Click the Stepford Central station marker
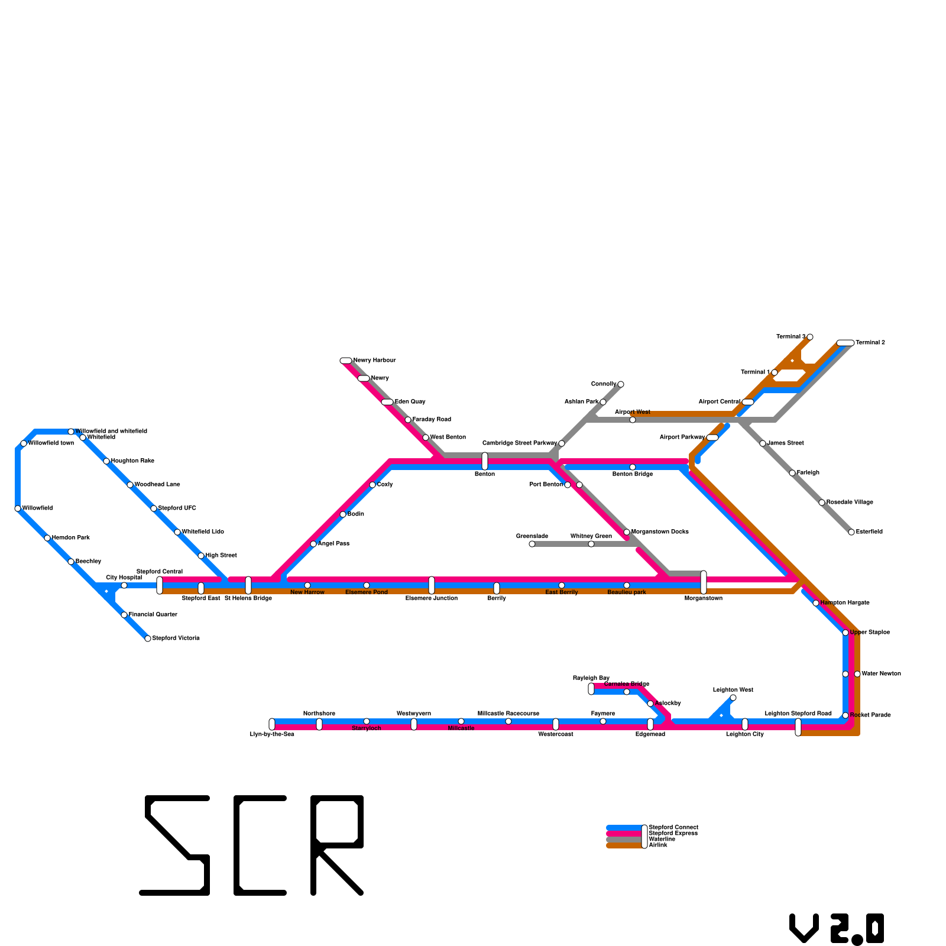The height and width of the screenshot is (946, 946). tap(160, 585)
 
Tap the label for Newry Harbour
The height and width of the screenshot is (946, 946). tap(374, 360)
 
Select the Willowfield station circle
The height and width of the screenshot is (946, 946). tap(18, 508)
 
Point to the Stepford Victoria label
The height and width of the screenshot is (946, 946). tap(176, 639)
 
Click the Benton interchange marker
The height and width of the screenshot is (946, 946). tap(485, 461)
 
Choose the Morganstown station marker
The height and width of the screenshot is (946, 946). tap(704, 582)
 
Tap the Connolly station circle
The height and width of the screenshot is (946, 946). tap(621, 384)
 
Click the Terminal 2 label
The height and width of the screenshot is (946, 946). tap(870, 343)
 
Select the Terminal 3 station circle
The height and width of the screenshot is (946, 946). tap(810, 337)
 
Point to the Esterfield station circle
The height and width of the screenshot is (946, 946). tap(851, 532)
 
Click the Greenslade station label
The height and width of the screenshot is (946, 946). tap(532, 536)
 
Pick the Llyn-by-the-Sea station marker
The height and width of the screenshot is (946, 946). tap(272, 724)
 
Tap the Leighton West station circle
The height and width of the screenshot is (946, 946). tap(733, 698)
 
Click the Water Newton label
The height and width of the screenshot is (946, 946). tap(881, 674)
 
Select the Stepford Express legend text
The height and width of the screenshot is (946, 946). tap(673, 834)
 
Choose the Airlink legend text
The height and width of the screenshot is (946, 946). tap(658, 845)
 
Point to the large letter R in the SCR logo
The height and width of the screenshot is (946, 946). tap(337, 845)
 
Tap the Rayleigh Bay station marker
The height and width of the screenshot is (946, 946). tap(591, 689)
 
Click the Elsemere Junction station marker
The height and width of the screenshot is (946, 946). tap(432, 585)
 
